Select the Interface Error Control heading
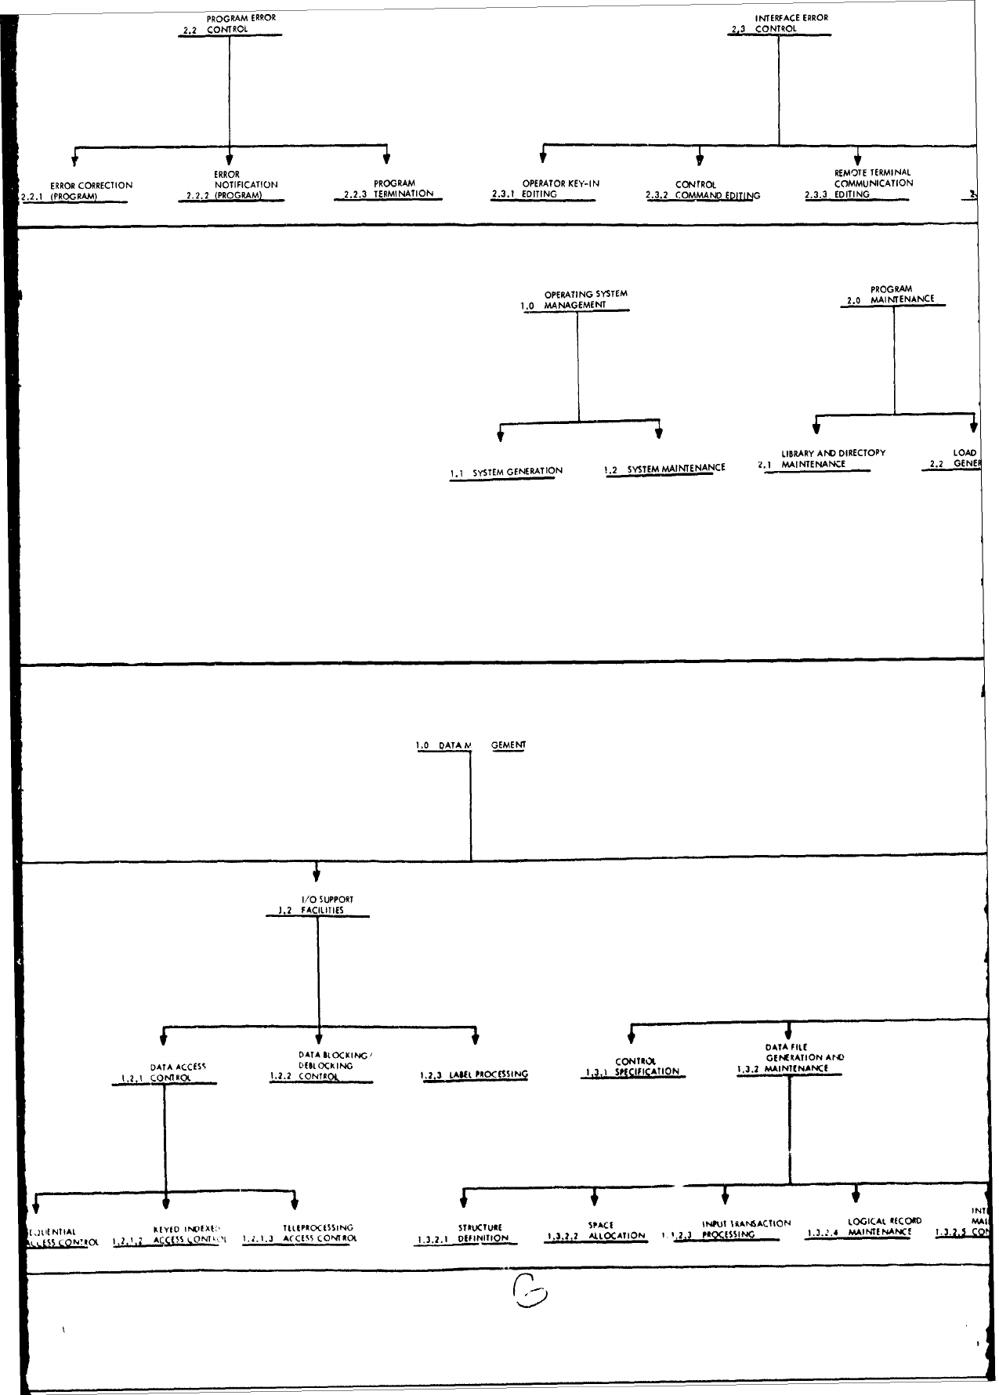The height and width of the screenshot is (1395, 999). (780, 24)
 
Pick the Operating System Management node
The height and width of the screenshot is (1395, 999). (578, 299)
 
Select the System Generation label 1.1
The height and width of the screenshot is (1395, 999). (507, 471)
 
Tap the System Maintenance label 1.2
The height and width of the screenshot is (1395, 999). (665, 469)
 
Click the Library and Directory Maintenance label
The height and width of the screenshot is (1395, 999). (823, 458)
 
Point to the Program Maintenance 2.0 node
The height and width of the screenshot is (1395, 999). (892, 294)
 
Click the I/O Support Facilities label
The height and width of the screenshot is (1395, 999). (317, 905)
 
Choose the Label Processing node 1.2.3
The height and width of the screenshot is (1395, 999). (475, 1074)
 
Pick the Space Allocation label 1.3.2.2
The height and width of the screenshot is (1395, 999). (599, 1230)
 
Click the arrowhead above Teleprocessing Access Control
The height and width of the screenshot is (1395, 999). (294, 1205)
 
